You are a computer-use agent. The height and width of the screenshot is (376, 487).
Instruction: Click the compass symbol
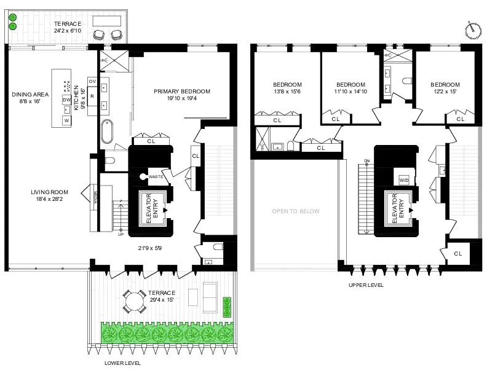[x=472, y=28]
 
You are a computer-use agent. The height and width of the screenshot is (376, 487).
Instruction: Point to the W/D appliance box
[x=404, y=180]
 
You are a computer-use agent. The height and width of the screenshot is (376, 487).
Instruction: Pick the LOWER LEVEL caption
[x=123, y=363]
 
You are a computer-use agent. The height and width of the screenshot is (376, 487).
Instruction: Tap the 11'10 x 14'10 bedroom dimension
[x=351, y=92]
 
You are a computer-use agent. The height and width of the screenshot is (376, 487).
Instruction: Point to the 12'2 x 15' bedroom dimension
[x=445, y=92]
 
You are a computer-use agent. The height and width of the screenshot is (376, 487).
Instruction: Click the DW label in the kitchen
[x=66, y=100]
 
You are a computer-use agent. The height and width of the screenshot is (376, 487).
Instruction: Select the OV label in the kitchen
[x=93, y=81]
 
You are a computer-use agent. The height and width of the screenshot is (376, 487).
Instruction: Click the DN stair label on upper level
[x=366, y=161]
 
